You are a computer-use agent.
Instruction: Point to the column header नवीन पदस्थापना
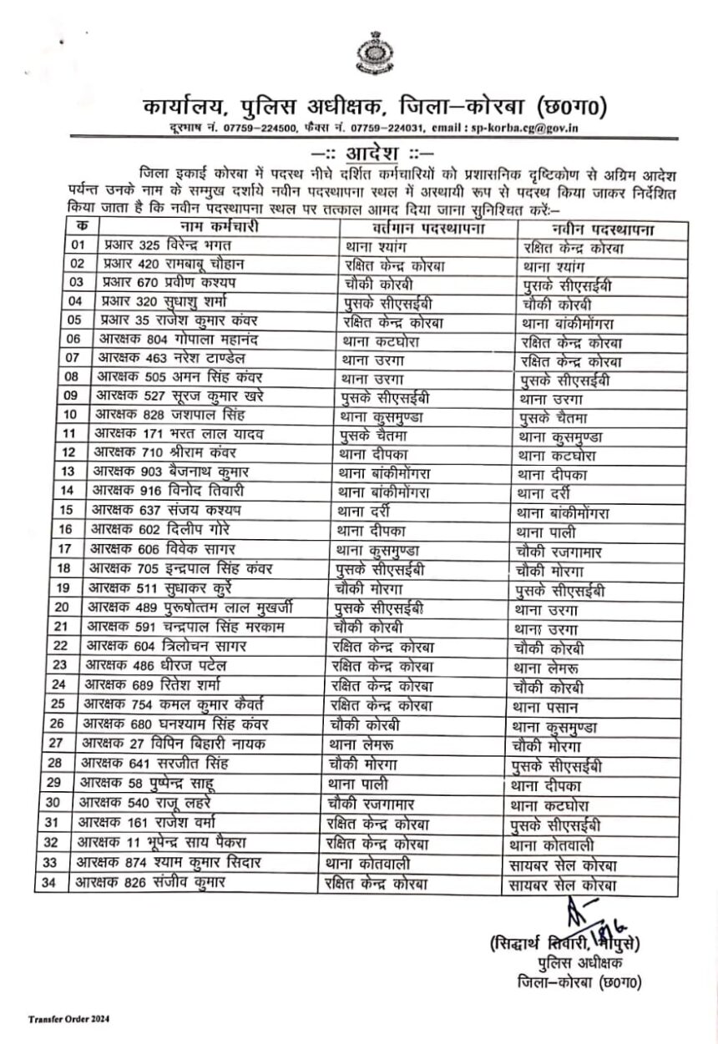tap(602, 228)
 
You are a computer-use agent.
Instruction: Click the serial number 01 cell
tap(78, 245)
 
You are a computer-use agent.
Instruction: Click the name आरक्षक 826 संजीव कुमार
tap(149, 881)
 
